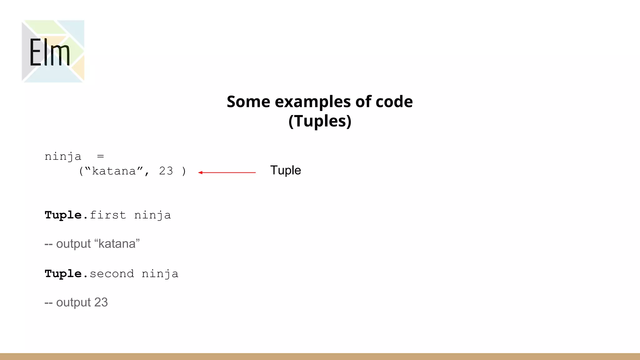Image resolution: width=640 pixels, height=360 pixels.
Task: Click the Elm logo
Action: click(53, 51)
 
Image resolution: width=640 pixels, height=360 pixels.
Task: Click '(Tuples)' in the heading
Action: click(320, 121)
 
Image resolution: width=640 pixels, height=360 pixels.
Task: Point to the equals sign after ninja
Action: click(100, 156)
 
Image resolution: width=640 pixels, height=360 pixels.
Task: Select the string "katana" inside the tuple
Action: click(114, 171)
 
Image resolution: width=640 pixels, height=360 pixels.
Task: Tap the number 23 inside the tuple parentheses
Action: click(166, 171)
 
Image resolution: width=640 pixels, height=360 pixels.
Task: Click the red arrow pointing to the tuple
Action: click(227, 172)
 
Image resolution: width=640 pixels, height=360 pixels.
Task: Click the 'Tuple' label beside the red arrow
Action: click(285, 171)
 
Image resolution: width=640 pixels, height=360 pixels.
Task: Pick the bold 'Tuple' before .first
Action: click(63, 215)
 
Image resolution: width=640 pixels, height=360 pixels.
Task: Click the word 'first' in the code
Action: click(108, 215)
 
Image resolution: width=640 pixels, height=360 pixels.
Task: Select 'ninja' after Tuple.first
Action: click(152, 216)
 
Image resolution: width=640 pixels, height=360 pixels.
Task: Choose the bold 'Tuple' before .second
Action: click(63, 274)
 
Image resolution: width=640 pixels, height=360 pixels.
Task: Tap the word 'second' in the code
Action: click(112, 274)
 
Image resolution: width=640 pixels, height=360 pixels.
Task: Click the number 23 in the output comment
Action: click(101, 302)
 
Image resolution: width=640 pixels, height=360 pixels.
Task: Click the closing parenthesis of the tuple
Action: click(184, 171)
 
